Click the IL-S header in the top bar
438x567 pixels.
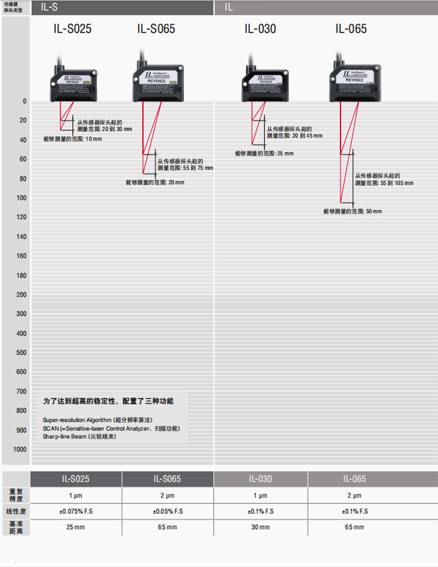[49, 7]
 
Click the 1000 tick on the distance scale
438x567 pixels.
[20, 449]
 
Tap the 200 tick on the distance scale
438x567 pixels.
[21, 295]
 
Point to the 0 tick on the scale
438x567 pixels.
[24, 101]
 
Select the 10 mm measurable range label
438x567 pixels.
[73, 139]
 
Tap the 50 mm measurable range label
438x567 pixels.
[353, 211]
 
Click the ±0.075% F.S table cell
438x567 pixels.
[76, 511]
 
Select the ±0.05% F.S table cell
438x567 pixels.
[167, 511]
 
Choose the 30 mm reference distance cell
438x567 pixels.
[261, 527]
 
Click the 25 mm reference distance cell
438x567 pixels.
[76, 527]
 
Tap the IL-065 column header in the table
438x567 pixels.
[354, 479]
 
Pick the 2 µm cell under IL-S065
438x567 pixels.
[167, 496]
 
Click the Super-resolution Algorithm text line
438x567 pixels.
[98, 420]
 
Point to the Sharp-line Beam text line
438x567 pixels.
[80, 437]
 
